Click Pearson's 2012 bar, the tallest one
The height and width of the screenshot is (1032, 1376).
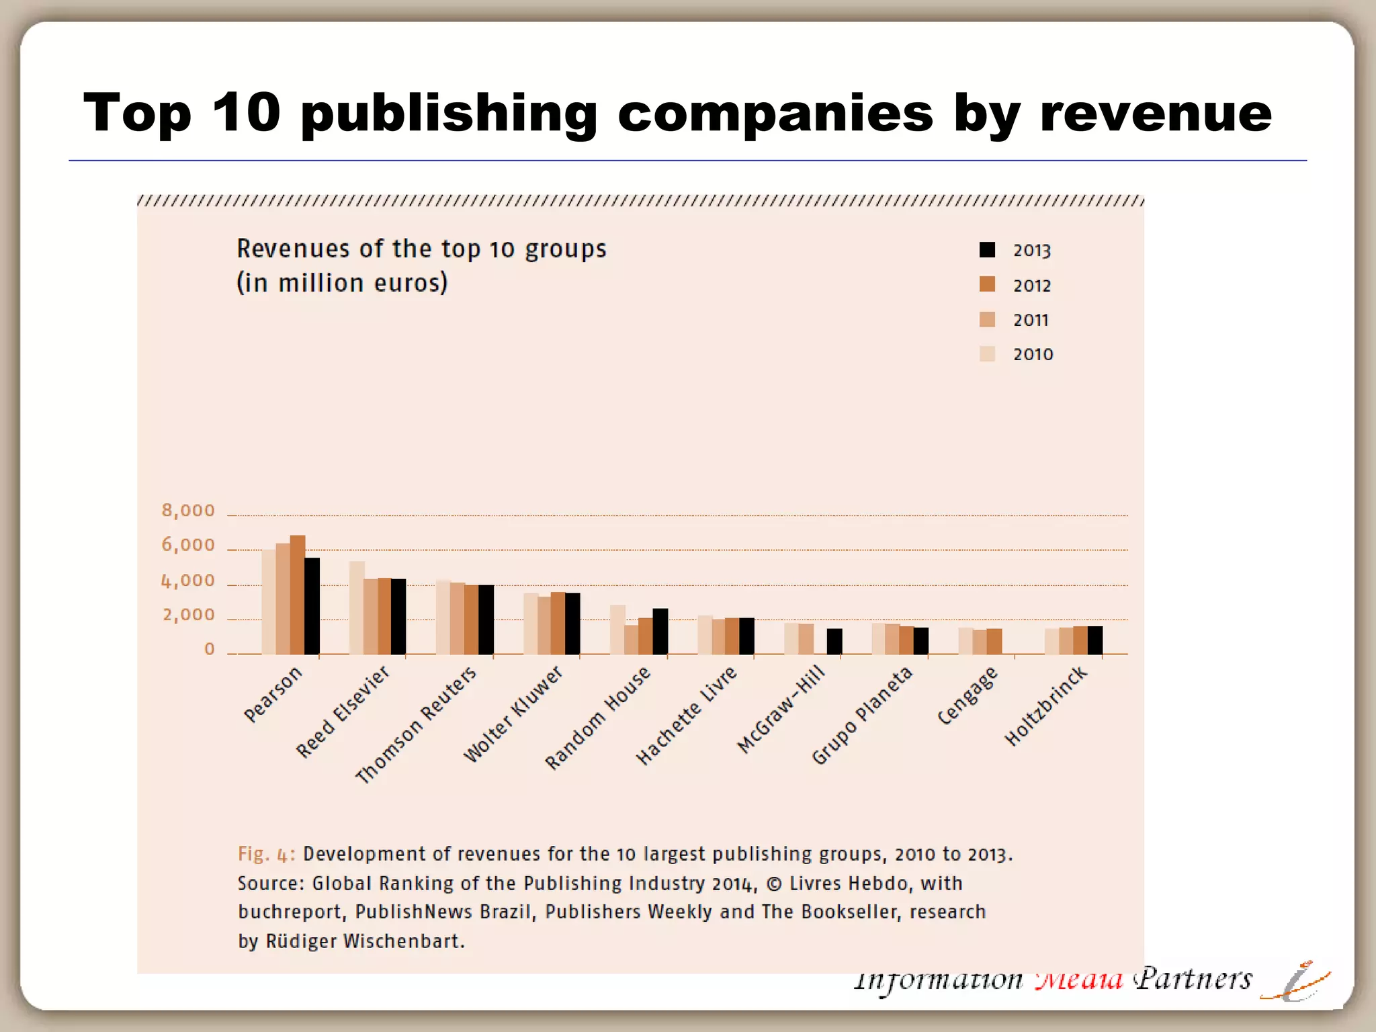point(298,595)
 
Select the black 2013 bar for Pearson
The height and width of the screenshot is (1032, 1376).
point(312,605)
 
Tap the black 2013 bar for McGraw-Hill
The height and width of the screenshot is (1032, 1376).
point(834,641)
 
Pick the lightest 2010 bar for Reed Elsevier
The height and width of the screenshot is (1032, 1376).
point(357,607)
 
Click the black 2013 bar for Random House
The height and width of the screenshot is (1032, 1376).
point(660,631)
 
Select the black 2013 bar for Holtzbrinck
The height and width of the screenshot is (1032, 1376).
point(1094,640)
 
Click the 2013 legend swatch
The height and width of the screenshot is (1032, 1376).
point(987,250)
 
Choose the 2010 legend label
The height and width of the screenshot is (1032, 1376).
point(1033,354)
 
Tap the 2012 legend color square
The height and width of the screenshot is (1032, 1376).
point(987,284)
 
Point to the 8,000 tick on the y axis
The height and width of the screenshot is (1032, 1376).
point(188,511)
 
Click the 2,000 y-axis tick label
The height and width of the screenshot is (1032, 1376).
point(188,615)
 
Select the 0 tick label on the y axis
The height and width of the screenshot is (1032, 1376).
point(210,649)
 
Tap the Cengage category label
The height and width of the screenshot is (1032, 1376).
point(967,696)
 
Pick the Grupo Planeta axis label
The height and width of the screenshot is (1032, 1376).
point(862,716)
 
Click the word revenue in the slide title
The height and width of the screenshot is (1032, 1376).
point(1155,113)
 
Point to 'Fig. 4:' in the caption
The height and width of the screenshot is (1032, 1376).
point(266,854)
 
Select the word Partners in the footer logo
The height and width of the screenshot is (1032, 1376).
point(1193,980)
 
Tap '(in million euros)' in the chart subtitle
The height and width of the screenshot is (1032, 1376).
point(342,283)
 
